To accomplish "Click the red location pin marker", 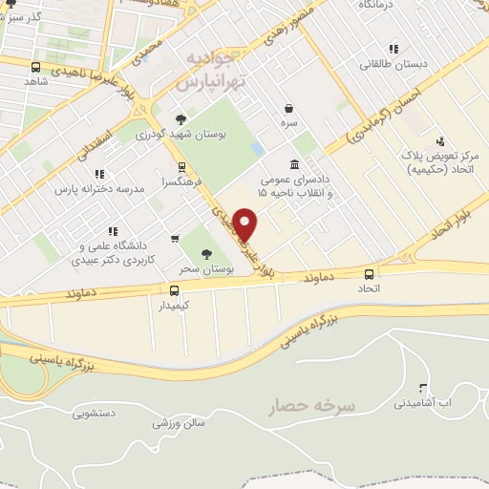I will point(246,223).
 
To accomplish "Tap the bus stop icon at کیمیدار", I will point(174,290).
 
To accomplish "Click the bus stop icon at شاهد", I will point(36,68).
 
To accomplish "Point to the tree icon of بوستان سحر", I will point(207,253).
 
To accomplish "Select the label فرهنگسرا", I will point(181,180).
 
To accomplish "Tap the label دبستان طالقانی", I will point(393,65).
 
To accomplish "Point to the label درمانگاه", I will point(376,6).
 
